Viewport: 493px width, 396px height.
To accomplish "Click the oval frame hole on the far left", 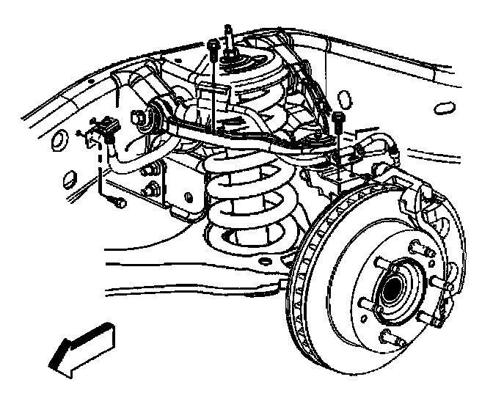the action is (70, 178).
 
